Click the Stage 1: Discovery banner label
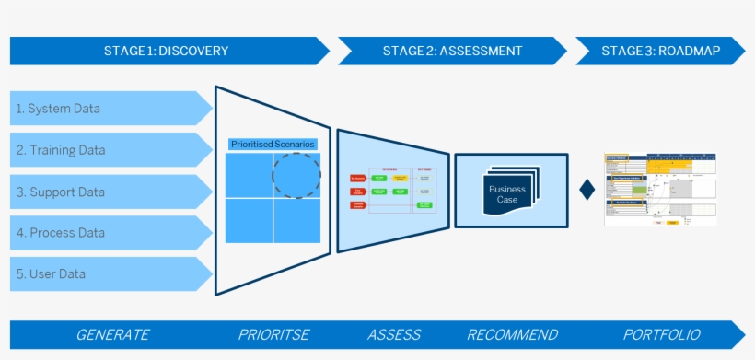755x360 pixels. tap(166, 51)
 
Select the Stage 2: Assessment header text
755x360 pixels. tap(452, 51)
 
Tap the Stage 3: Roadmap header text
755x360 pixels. tap(660, 51)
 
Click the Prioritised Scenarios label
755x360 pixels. tap(273, 145)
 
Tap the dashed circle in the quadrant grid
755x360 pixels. tap(296, 174)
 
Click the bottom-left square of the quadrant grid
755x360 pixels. tap(248, 221)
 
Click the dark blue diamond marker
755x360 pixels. tap(587, 191)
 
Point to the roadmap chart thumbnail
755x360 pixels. tap(660, 189)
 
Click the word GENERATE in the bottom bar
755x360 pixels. tap(112, 334)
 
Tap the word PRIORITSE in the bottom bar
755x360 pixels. tap(273, 334)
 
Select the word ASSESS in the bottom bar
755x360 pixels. tap(394, 334)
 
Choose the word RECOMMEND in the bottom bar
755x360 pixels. tap(512, 334)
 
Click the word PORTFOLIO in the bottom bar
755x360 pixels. tap(661, 334)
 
